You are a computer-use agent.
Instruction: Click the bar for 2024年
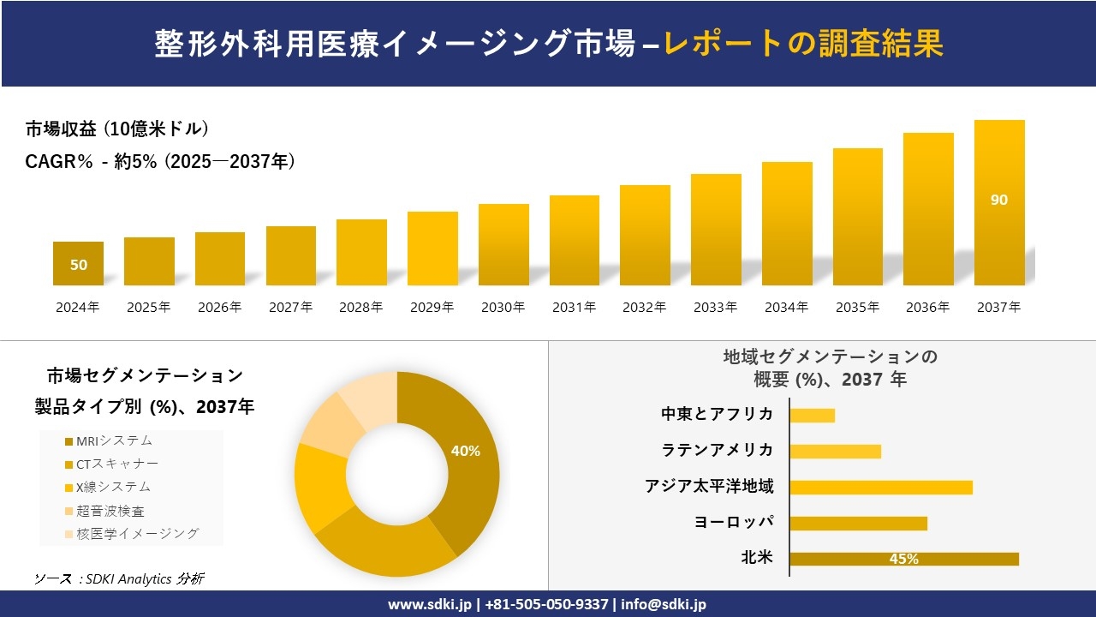pyautogui.click(x=78, y=264)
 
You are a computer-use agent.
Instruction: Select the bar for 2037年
pyautogui.click(x=999, y=203)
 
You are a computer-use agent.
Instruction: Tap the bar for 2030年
pyautogui.click(x=503, y=245)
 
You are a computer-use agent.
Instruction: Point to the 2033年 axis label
pyautogui.click(x=715, y=307)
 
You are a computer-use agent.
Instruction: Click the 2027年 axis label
pyautogui.click(x=290, y=307)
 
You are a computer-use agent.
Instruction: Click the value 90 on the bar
pyautogui.click(x=999, y=200)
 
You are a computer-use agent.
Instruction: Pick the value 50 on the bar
pyautogui.click(x=79, y=265)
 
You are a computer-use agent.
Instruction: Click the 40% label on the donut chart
pyautogui.click(x=465, y=451)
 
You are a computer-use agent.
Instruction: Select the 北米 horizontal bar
pyautogui.click(x=903, y=559)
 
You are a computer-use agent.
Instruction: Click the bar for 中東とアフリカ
pyautogui.click(x=812, y=415)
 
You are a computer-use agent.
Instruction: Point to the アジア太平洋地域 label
pyautogui.click(x=709, y=487)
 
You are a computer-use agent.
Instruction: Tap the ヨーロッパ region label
pyautogui.click(x=734, y=522)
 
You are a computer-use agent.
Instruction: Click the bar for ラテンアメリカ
pyautogui.click(x=835, y=451)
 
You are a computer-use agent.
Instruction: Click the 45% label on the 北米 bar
pyautogui.click(x=903, y=559)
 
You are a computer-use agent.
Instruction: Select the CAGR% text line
pyautogui.click(x=160, y=161)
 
